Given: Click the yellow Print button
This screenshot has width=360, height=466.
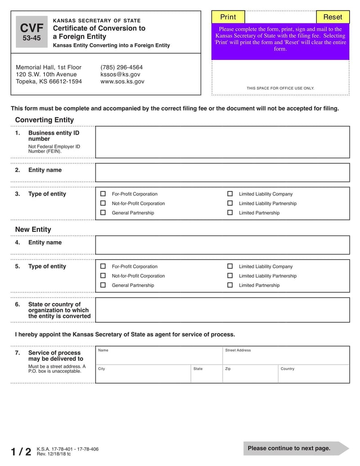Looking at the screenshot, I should pyautogui.click(x=228, y=17).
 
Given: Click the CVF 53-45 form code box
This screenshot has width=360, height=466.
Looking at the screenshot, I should pyautogui.click(x=31, y=32).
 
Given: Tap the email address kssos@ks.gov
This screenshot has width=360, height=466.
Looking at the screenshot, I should pyautogui.click(x=120, y=74).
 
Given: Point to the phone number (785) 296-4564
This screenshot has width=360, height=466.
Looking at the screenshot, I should pyautogui.click(x=121, y=67).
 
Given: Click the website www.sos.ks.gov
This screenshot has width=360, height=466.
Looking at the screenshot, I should pyautogui.click(x=122, y=81).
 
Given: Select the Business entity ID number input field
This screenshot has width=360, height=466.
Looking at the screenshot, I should pyautogui.click(x=222, y=142).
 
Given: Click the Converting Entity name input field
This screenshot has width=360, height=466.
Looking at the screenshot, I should pyautogui.click(x=222, y=172).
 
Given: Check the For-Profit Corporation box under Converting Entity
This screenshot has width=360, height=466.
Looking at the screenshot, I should pyautogui.click(x=103, y=194).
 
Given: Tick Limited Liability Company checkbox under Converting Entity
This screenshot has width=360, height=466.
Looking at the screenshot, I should pyautogui.click(x=230, y=194).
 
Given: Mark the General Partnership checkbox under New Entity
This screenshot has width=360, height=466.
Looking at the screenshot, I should pyautogui.click(x=103, y=285).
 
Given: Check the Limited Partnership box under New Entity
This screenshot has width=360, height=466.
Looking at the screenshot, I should pyautogui.click(x=230, y=285).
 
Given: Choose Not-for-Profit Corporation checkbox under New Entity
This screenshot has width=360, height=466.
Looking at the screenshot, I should pyautogui.click(x=103, y=276).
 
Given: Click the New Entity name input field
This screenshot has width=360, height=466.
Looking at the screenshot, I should pyautogui.click(x=222, y=245).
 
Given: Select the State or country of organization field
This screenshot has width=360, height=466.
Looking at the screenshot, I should pyautogui.click(x=222, y=310).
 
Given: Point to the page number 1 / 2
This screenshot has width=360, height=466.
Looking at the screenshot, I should pyautogui.click(x=21, y=451).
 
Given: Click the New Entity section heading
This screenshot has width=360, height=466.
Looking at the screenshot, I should pyautogui.click(x=33, y=230).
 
